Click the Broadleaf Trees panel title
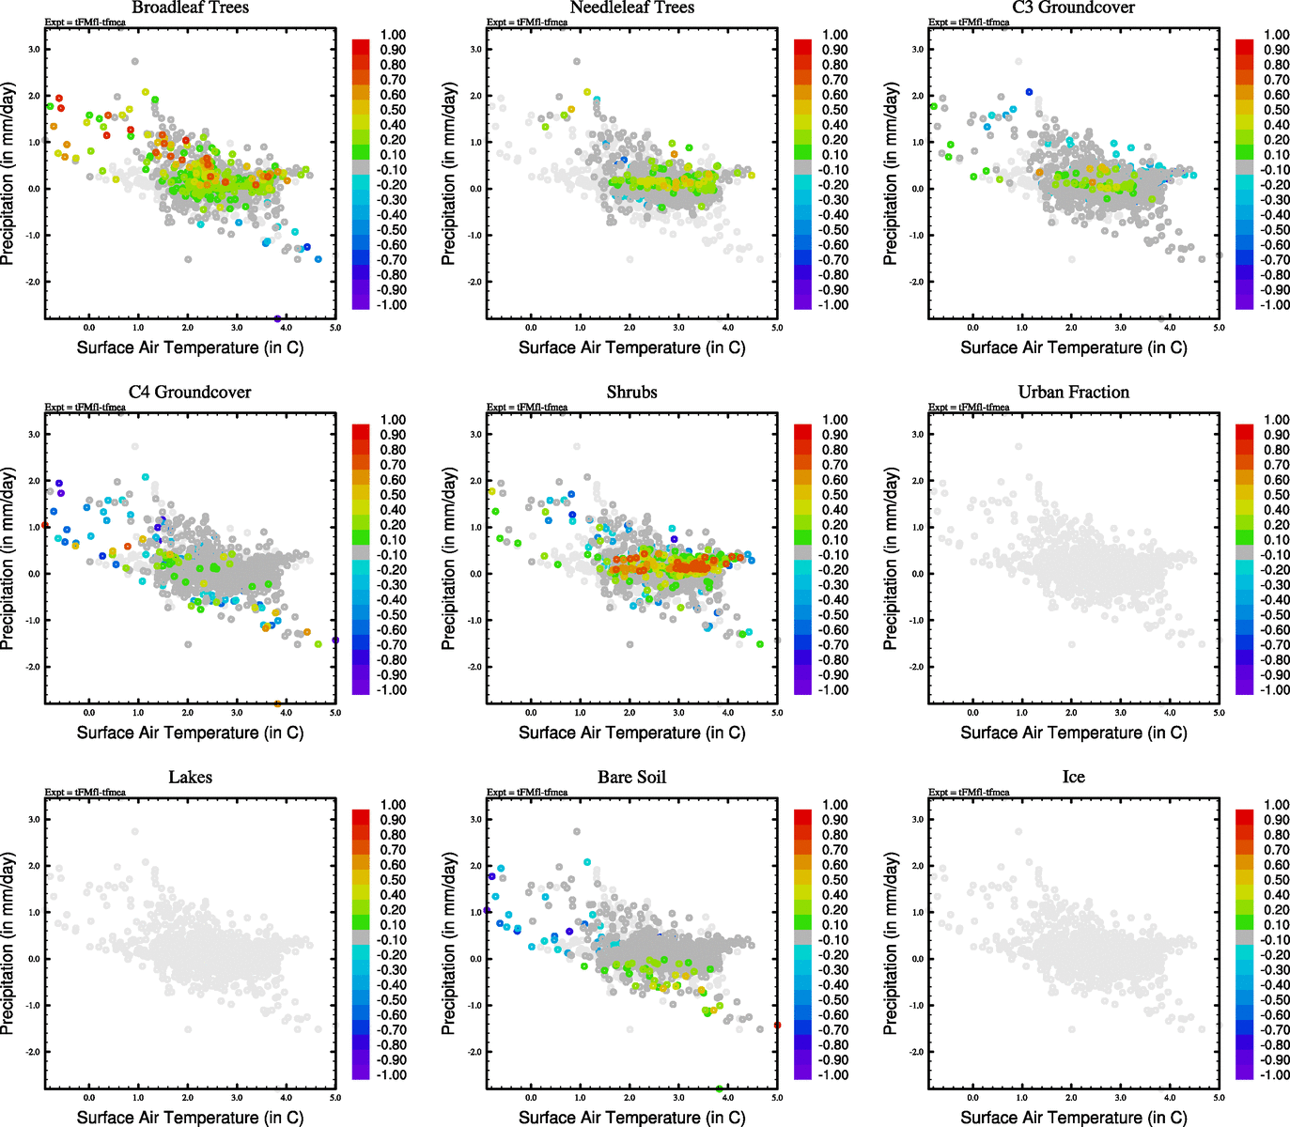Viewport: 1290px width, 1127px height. [x=190, y=8]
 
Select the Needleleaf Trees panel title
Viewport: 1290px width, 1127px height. [x=631, y=8]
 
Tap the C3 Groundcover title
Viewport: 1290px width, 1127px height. [x=1073, y=8]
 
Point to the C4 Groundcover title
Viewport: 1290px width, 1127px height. [x=190, y=392]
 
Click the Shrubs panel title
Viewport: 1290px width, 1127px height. [x=631, y=392]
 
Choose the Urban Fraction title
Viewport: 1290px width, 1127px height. [x=1073, y=392]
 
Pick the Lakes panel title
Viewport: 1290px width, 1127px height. [x=190, y=777]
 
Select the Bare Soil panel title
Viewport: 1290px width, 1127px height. [x=631, y=777]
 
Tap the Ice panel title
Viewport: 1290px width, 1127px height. [x=1073, y=777]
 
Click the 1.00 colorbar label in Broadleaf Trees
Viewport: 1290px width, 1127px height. [x=393, y=35]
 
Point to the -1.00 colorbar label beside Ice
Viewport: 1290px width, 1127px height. [x=1274, y=1074]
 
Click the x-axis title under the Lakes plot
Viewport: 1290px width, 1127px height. [x=190, y=1117]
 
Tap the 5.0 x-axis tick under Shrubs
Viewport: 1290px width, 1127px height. [x=777, y=713]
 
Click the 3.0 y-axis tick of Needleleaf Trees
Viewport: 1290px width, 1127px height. [x=476, y=49]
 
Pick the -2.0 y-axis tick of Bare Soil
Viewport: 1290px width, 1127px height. [x=474, y=1052]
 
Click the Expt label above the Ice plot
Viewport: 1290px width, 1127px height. [x=969, y=792]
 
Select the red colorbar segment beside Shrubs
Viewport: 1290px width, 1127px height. [x=803, y=431]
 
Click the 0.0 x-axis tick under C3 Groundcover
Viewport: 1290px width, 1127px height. [x=972, y=328]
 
